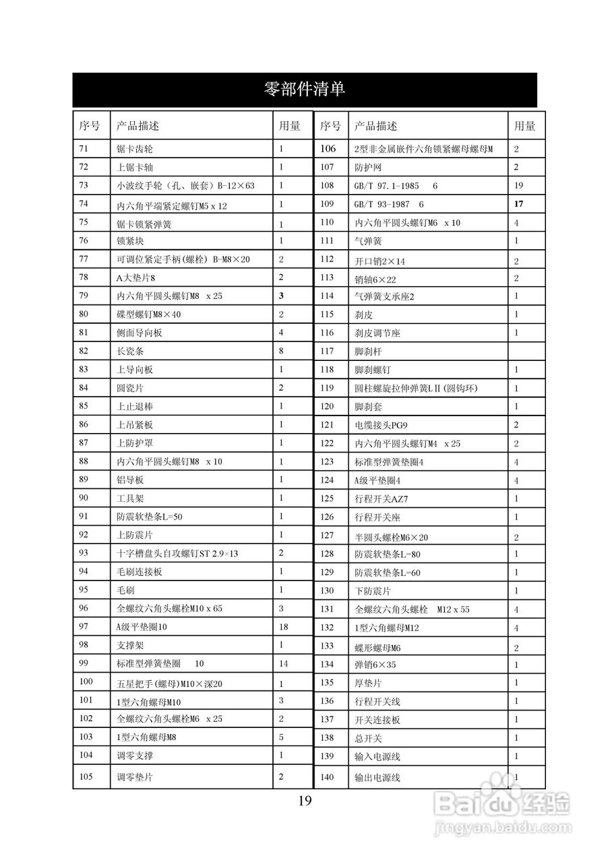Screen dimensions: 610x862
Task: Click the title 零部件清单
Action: (305, 89)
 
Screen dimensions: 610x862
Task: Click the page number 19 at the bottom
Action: (305, 801)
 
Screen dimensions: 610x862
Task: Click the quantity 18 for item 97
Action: (283, 627)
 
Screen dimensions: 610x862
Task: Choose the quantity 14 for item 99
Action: (283, 663)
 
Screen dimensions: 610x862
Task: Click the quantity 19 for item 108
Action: (518, 185)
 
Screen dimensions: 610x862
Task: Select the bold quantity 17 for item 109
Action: (518, 203)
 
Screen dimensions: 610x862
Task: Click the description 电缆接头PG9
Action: (382, 425)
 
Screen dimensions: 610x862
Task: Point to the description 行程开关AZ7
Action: (382, 499)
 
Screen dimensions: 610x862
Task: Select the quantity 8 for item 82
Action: (281, 351)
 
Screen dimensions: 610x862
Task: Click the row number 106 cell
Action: (328, 149)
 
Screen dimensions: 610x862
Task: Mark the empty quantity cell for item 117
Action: (526, 351)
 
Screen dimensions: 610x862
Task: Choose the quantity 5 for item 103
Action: (281, 737)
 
